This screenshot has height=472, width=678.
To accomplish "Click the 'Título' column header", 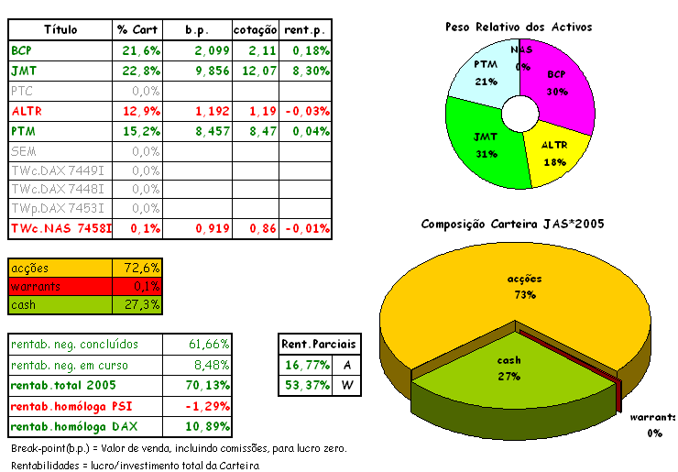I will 60,30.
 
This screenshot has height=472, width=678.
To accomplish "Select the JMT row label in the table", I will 25,70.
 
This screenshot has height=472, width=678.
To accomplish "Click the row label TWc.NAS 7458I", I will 60,228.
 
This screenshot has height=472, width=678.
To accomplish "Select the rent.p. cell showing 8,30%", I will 305,70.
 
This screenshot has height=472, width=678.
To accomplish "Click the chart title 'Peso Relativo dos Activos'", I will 519,27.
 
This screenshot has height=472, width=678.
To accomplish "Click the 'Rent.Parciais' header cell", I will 319,344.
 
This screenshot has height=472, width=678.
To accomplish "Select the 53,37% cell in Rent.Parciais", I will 307,385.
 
